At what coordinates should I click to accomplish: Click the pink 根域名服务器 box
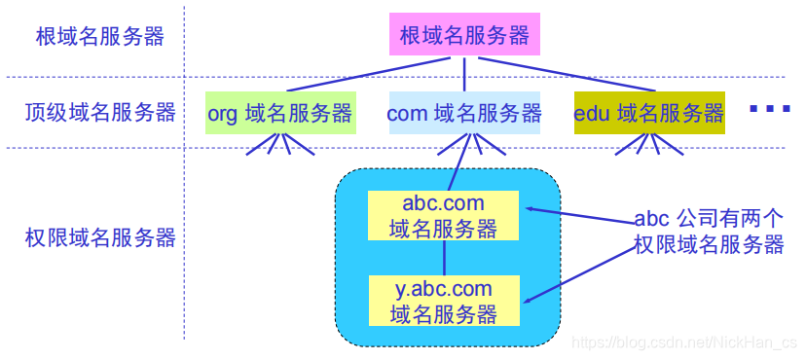click(464, 36)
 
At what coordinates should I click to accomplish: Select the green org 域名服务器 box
click(279, 113)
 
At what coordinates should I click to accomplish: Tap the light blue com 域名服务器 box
click(464, 113)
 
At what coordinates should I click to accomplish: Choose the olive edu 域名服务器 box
click(649, 113)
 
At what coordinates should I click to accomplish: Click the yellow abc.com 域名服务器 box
click(444, 216)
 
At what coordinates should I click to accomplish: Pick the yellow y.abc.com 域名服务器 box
click(444, 302)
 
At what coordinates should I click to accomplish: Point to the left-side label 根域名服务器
click(99, 37)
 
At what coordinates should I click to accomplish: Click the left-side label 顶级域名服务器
click(100, 113)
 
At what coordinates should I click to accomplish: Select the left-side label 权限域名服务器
click(100, 236)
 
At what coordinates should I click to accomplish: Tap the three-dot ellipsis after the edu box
click(770, 109)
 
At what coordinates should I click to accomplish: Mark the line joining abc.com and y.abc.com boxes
click(444, 259)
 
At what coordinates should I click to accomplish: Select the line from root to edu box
click(584, 74)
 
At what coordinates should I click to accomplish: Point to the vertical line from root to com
click(464, 74)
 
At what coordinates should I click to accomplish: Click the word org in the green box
click(222, 114)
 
